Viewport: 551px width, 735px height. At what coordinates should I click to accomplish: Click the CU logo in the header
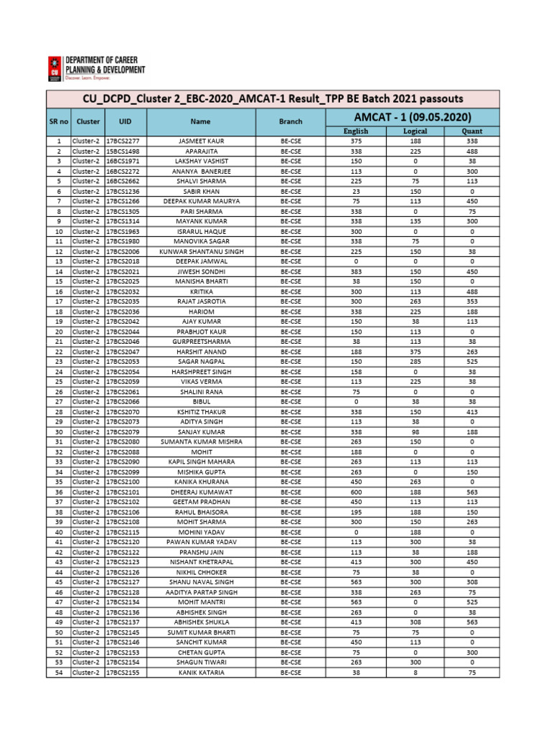point(55,70)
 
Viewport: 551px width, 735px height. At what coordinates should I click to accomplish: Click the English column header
point(355,131)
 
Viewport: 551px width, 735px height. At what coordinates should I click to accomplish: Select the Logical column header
point(415,131)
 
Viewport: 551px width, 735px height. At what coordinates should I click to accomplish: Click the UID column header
point(126,122)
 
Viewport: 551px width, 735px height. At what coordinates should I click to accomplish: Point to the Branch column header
point(291,122)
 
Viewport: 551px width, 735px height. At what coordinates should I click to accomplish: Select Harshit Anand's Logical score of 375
point(415,352)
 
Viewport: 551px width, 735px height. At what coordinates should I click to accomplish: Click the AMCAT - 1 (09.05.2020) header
point(413,116)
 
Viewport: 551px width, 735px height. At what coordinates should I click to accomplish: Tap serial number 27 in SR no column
point(58,402)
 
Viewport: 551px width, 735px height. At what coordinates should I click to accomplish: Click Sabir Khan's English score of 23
point(355,192)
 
